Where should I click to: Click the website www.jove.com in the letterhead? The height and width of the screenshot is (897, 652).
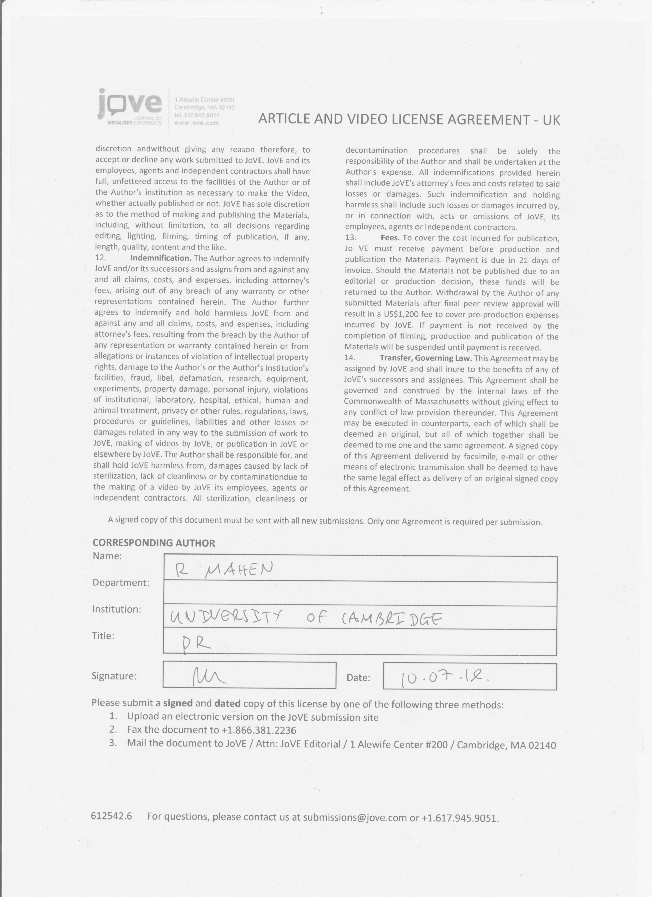(x=196, y=123)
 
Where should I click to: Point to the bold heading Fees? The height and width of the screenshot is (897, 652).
(x=390, y=238)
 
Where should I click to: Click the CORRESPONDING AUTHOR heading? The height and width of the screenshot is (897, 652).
(x=154, y=543)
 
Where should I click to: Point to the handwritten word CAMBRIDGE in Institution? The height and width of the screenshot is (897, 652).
(x=391, y=618)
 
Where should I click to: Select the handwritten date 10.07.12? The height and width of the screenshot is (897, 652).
(x=444, y=679)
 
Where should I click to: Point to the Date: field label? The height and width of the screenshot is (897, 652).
(x=358, y=678)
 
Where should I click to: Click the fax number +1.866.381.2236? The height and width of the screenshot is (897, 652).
(x=259, y=730)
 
